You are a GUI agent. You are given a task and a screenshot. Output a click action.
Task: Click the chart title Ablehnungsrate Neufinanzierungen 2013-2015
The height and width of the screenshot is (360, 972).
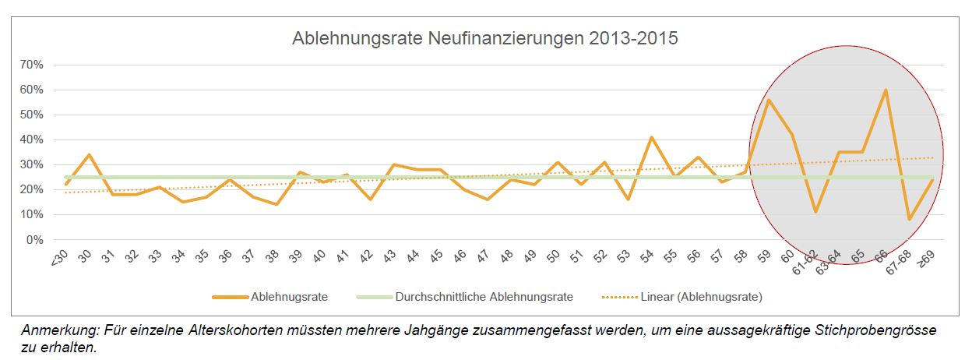click(484, 38)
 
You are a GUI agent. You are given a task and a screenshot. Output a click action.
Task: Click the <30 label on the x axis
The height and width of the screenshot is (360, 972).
click(60, 256)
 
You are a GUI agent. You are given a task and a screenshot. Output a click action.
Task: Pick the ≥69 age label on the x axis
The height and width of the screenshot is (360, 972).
click(926, 257)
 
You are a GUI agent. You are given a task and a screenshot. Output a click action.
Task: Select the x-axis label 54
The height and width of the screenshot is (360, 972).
click(650, 256)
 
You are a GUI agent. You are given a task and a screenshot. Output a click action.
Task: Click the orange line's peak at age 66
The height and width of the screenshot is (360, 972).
click(886, 90)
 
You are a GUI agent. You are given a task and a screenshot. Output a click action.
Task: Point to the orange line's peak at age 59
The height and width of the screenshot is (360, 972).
click(768, 100)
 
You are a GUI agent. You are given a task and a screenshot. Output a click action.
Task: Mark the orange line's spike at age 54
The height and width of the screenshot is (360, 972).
click(651, 138)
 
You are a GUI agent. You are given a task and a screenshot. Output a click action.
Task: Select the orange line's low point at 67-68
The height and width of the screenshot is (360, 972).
click(909, 219)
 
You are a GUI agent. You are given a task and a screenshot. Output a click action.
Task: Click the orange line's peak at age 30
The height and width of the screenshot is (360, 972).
click(89, 155)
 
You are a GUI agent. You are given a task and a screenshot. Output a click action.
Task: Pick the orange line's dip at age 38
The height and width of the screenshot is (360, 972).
click(276, 204)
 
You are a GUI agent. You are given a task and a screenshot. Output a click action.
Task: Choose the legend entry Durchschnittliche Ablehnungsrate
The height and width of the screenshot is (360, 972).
click(484, 297)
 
